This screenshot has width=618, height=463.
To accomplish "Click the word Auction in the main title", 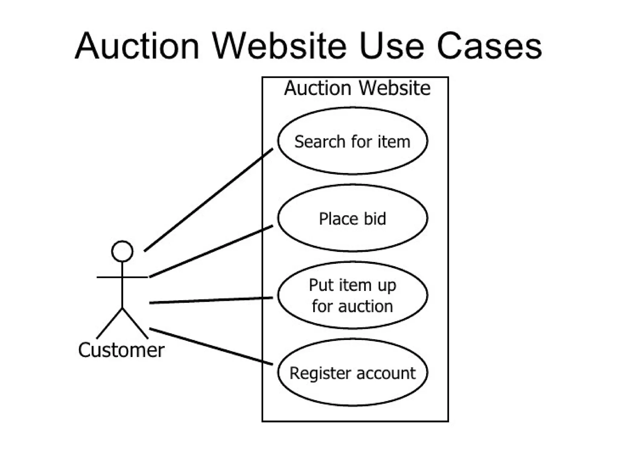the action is (x=137, y=47).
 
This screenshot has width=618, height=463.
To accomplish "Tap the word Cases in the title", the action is (x=489, y=47).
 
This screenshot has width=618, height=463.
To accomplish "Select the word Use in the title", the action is (x=392, y=47).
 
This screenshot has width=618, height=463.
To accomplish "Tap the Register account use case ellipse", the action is (x=352, y=392).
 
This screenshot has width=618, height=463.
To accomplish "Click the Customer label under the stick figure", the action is (x=121, y=350).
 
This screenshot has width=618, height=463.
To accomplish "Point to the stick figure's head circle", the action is (x=122, y=251).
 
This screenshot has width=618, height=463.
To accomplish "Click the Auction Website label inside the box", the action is (x=357, y=88).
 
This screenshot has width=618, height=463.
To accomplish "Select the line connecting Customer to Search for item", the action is (x=208, y=200).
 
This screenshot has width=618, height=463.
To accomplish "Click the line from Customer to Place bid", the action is (x=211, y=251).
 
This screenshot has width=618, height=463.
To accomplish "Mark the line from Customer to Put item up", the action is (x=211, y=300).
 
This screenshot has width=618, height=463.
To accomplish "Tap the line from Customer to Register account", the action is (x=211, y=346).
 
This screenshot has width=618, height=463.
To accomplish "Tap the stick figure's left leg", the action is (x=110, y=323).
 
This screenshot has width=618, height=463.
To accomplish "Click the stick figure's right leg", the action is (x=135, y=323).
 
